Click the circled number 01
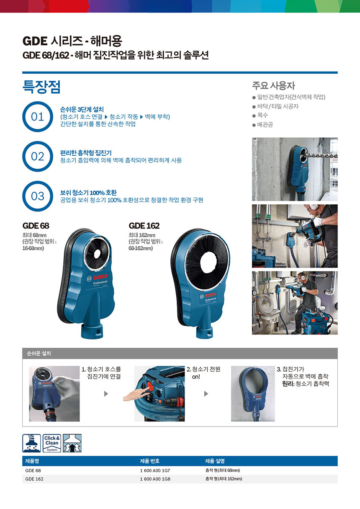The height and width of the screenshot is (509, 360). coord(38,116)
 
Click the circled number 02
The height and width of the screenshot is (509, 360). coord(38,156)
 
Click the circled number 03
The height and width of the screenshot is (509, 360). coord(38,196)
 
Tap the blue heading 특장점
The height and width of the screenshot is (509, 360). coord(41,87)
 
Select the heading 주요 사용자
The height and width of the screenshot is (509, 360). coord(273,86)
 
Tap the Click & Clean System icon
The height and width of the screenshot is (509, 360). coord(52,443)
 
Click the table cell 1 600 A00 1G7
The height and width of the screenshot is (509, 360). coord(155,470)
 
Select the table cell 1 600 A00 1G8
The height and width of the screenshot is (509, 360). coord(155,479)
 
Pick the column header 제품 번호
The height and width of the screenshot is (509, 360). coord(149,461)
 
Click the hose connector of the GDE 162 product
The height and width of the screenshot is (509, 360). coord(204,333)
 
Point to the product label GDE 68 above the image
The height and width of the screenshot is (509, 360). coord(36,226)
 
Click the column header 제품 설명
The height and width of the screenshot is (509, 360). coord(215,461)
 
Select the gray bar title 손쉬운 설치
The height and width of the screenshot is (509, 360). coord(39,353)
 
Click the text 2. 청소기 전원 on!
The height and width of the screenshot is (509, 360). coord(203,373)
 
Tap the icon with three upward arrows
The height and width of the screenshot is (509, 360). coord(72,443)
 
